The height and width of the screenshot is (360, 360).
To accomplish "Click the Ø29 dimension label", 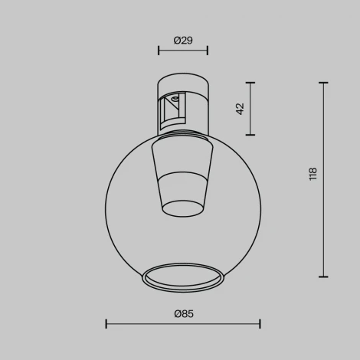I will coord(182,41).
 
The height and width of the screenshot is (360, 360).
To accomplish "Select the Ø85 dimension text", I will coord(182,313).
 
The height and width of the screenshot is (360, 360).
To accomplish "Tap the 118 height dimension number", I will coord(312,174).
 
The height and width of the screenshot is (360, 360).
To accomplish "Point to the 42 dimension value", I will coord(239,108).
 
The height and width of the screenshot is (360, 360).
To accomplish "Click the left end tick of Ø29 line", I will coord(159,51).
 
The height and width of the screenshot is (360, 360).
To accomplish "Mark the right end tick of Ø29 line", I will coord(207,51).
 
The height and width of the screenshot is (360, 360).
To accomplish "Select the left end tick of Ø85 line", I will coord(106,323).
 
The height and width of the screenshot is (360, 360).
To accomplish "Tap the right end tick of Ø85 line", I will coord(260,323).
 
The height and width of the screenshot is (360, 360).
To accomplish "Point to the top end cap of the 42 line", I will coord(250,82).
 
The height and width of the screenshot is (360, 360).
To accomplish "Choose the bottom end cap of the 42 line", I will coord(250,134).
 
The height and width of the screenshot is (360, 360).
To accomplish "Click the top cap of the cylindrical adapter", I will coord(182,79).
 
